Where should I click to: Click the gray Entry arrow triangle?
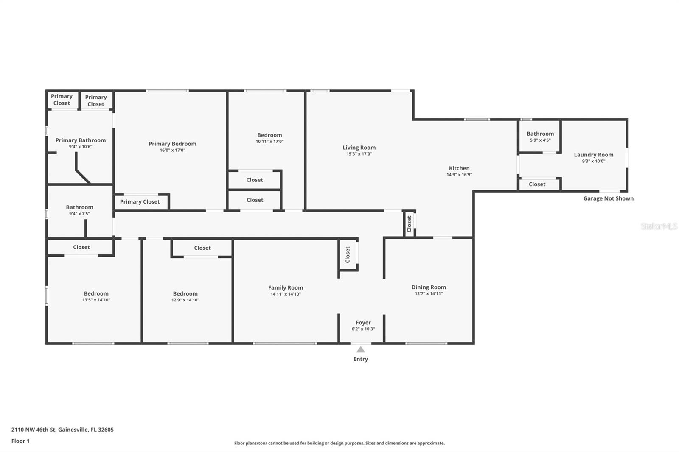coord(360,350)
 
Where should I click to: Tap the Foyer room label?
coord(363,323)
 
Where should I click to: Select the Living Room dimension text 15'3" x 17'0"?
coord(359,154)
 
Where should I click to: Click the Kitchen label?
coord(459,168)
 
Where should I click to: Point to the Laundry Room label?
coord(593,155)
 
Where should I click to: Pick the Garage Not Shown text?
coord(608,198)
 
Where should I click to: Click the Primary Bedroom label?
coord(172,144)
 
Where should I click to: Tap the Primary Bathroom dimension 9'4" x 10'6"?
coord(80,147)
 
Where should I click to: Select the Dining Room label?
coord(429,287)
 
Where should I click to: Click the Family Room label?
coord(286,287)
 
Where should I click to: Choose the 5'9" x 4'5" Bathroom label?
coord(540,134)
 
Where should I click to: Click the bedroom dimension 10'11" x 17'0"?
coord(269,142)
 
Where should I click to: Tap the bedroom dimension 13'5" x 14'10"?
coord(96,300)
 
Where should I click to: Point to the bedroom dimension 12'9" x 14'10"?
coord(185,300)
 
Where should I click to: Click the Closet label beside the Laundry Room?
coord(537,184)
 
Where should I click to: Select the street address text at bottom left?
coord(62,430)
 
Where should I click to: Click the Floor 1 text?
coord(20,441)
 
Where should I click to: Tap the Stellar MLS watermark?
coord(659,226)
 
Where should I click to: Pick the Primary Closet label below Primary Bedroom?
coord(140,202)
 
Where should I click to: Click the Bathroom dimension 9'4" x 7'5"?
coord(79,214)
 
